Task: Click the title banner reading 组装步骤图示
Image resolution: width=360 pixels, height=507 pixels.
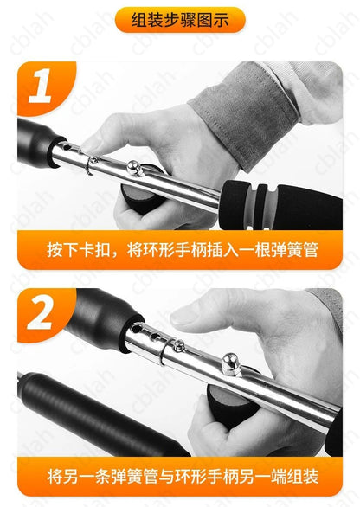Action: pos(179,19)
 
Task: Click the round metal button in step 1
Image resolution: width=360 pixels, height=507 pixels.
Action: pos(135,166)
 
